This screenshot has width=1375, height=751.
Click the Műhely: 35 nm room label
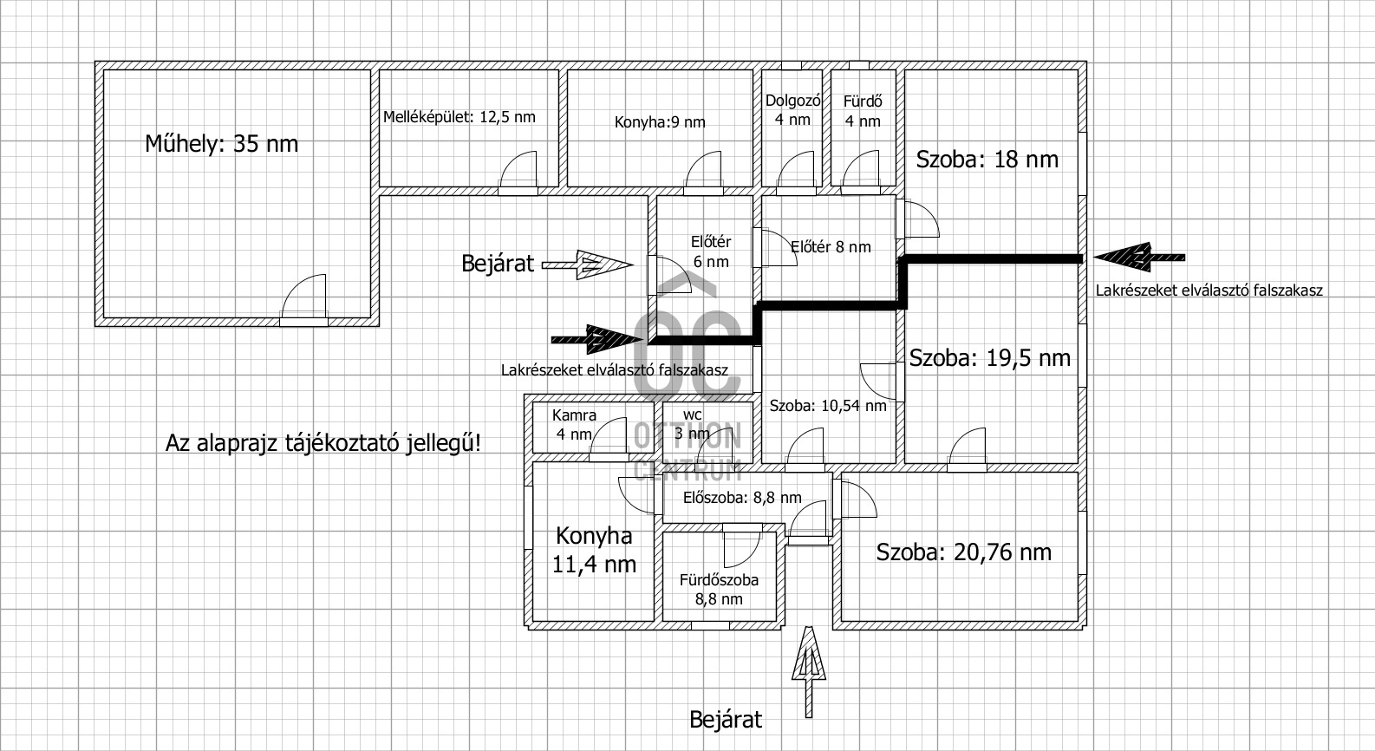221,143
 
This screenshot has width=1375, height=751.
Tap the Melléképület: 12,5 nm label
459,117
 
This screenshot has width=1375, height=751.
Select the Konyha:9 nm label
660,122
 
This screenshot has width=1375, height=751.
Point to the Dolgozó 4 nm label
792,110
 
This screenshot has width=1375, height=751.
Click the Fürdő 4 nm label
863,111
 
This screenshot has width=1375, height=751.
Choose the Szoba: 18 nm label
987,160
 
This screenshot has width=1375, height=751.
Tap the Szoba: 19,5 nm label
989,358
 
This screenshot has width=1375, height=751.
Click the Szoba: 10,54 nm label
828,405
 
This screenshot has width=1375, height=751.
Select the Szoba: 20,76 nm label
963,552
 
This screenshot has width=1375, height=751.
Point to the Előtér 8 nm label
831,247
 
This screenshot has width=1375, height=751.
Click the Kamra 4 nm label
574,425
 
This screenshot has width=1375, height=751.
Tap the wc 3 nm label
692,424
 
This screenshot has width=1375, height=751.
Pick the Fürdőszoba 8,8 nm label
720,590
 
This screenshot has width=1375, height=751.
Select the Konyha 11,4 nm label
594,550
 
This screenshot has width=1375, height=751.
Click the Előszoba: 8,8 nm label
742,498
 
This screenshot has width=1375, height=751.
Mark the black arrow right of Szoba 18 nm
1137,257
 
